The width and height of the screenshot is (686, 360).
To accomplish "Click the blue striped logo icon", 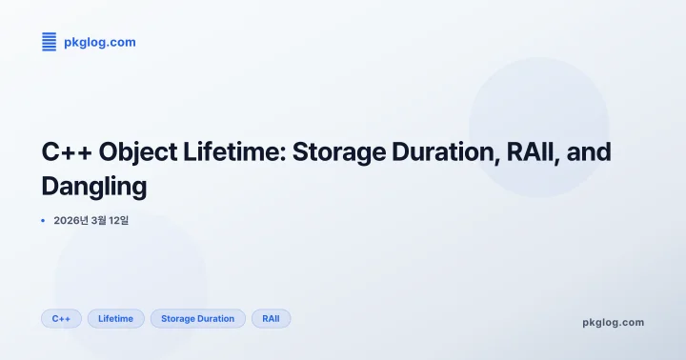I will [x=49, y=41].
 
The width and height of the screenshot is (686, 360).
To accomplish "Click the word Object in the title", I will [x=135, y=153].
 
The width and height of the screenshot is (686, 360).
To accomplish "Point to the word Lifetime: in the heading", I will [x=230, y=153].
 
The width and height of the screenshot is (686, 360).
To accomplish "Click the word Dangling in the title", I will [x=94, y=187].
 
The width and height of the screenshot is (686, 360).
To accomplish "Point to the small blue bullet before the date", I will [x=43, y=221].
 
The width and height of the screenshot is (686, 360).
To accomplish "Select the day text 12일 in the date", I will [x=118, y=221].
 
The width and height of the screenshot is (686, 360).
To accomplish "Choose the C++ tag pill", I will [x=61, y=318].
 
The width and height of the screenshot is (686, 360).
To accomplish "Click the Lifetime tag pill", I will [x=115, y=318].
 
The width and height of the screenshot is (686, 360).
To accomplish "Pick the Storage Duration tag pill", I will [x=197, y=318].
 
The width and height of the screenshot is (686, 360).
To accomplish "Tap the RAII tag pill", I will [x=271, y=318].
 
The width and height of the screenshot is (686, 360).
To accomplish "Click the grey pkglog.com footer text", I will [x=613, y=322].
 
